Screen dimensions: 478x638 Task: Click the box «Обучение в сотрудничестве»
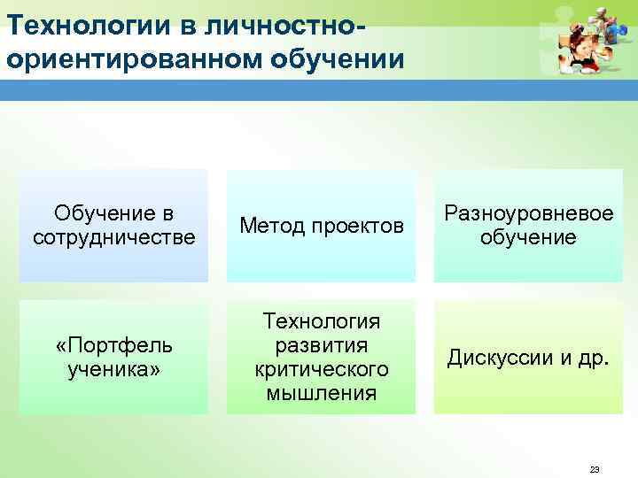pos(113,226)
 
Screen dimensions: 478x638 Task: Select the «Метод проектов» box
pos(321,227)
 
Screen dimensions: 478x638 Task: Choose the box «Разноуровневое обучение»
pos(528,226)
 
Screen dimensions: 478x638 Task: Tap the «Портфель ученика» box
pos(113,357)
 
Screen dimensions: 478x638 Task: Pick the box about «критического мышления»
pos(321,357)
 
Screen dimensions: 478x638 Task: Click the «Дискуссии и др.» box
pos(528,357)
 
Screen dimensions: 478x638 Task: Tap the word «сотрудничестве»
pos(113,237)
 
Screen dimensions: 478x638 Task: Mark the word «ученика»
pos(113,368)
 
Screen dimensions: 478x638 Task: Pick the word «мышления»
pos(321,392)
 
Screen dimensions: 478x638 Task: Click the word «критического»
pos(321,368)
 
